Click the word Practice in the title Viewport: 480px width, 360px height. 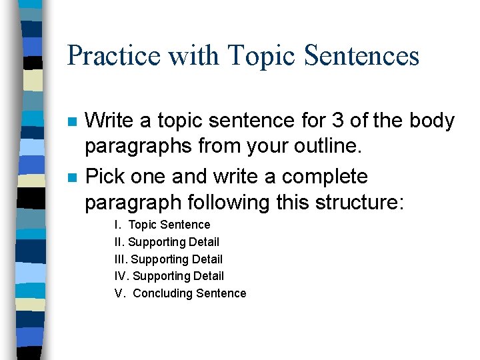[x=113, y=56]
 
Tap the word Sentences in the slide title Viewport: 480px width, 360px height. [x=361, y=56]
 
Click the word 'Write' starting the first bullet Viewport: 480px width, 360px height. [x=108, y=121]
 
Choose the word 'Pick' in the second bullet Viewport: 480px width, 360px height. [x=104, y=177]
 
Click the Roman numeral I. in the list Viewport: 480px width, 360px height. [x=117, y=225]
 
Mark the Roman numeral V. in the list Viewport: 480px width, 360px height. [x=120, y=293]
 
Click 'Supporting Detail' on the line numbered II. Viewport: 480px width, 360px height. [x=173, y=242]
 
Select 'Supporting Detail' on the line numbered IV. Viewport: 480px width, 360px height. [x=179, y=276]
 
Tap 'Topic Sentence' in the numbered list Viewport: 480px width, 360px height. [x=169, y=225]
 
